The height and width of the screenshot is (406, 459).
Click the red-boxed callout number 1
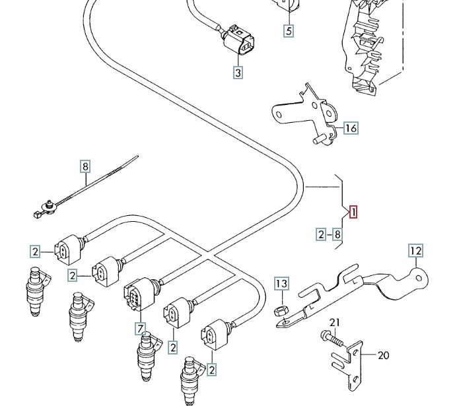(x=353, y=212)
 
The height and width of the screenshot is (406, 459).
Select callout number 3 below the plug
(x=238, y=73)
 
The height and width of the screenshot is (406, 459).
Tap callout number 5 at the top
(x=289, y=30)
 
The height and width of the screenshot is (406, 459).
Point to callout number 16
(x=350, y=128)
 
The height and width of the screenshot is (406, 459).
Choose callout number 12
(x=415, y=251)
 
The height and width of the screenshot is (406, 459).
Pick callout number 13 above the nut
(x=282, y=285)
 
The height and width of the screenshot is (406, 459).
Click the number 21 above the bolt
(x=334, y=321)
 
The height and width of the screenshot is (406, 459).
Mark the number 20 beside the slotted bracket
(x=383, y=355)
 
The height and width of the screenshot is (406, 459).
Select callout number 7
(x=141, y=327)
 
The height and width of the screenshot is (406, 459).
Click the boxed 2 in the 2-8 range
(x=321, y=234)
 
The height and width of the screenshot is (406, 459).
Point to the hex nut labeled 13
(x=279, y=309)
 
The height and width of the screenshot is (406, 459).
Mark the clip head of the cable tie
(x=45, y=208)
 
